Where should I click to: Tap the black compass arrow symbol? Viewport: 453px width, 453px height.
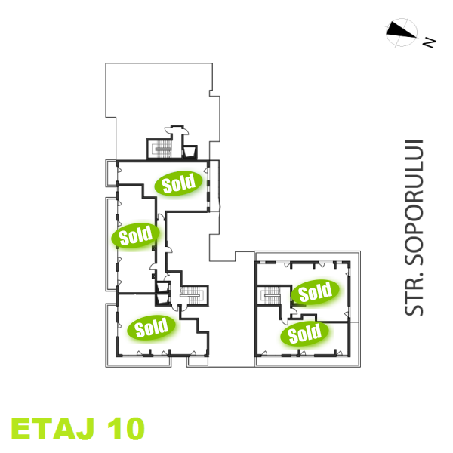pyautogui.click(x=401, y=31)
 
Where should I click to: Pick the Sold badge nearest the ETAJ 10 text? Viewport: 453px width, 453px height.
pyautogui.click(x=152, y=327)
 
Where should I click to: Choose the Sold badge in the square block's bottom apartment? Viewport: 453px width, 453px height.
pyautogui.click(x=305, y=332)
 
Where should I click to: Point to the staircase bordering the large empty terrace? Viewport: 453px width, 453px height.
pyautogui.click(x=160, y=149)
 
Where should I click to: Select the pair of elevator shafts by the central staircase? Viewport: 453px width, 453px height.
pyautogui.click(x=162, y=291)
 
